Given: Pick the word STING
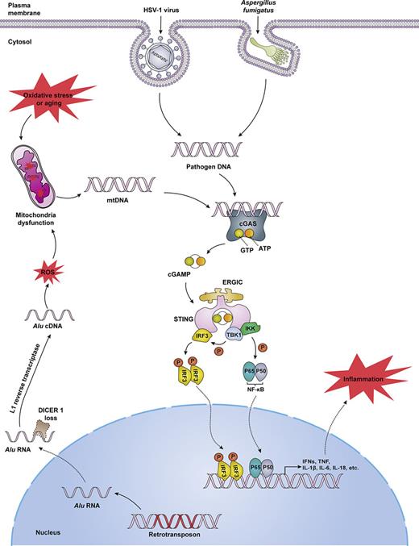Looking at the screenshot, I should [181, 323].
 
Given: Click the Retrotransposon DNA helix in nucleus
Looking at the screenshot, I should [168, 506].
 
